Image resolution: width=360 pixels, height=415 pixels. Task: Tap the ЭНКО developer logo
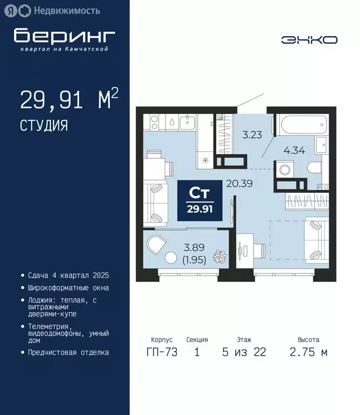(x=309, y=40)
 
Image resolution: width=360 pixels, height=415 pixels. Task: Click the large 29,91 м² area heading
(x=69, y=100)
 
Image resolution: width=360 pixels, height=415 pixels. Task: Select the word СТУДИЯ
(x=44, y=126)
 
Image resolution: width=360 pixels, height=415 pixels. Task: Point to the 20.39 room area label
(x=240, y=183)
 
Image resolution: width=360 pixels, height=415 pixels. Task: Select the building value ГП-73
(x=161, y=353)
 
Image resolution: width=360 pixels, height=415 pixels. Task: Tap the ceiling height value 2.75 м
(x=308, y=353)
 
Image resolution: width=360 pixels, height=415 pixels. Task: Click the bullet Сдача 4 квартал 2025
(x=68, y=275)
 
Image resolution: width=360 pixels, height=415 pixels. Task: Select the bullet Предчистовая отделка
(x=68, y=352)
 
